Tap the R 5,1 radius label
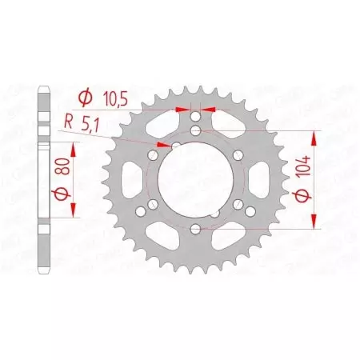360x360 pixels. click(79, 124)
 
